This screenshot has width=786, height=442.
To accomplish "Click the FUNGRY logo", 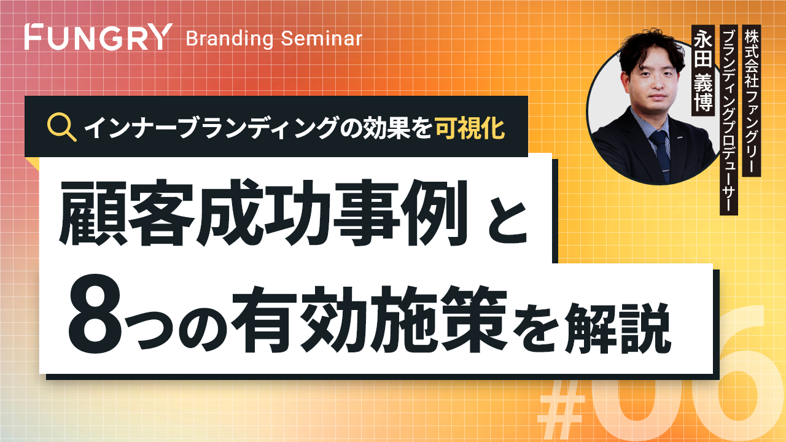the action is (x=99, y=36).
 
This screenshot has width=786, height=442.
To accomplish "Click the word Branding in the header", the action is (x=229, y=39).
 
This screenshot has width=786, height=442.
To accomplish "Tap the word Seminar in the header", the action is (x=321, y=38).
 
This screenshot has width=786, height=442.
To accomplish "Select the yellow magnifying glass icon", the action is (x=62, y=127).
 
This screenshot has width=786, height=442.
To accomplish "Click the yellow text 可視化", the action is (x=470, y=127).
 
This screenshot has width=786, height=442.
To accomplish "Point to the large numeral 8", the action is (x=95, y=318).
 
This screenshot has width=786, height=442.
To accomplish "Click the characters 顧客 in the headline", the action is (x=127, y=212).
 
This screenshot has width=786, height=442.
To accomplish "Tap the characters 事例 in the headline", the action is (x=400, y=212).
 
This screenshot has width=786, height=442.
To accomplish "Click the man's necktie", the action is (x=660, y=154).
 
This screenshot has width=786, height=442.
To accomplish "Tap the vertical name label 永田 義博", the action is (x=703, y=70).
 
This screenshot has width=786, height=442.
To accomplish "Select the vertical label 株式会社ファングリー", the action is (x=752, y=100).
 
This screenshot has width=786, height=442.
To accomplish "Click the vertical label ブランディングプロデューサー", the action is (x=729, y=120).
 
